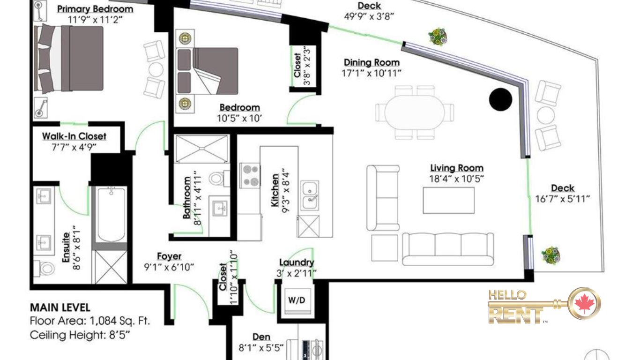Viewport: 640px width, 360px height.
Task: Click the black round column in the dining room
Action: (500, 99)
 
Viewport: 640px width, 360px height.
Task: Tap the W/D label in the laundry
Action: (297, 300)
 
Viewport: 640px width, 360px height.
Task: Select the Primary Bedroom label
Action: (95, 9)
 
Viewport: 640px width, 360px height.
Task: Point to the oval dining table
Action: (414, 112)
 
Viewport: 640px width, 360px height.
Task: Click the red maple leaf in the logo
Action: (585, 303)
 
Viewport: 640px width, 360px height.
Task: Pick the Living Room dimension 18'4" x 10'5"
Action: (456, 179)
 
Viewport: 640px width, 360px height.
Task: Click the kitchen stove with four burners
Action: (250, 175)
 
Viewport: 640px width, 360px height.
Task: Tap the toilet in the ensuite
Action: (45, 269)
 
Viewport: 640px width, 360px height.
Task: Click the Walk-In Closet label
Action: (74, 136)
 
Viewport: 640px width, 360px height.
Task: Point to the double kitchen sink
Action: (309, 195)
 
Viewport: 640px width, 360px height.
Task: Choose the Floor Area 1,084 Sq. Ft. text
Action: (90, 321)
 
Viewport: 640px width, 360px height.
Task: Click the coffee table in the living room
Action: (448, 201)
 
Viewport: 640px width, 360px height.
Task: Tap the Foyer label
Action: (169, 256)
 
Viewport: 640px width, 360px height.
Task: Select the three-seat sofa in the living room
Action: (448, 249)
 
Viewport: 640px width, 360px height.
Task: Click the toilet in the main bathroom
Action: (219, 179)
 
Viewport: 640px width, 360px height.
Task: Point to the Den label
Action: (261, 337)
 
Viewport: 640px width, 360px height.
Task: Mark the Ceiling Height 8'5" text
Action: (80, 335)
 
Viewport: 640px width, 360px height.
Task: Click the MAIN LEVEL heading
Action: (60, 307)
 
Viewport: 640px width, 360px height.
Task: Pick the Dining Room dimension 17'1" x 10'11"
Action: (372, 74)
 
